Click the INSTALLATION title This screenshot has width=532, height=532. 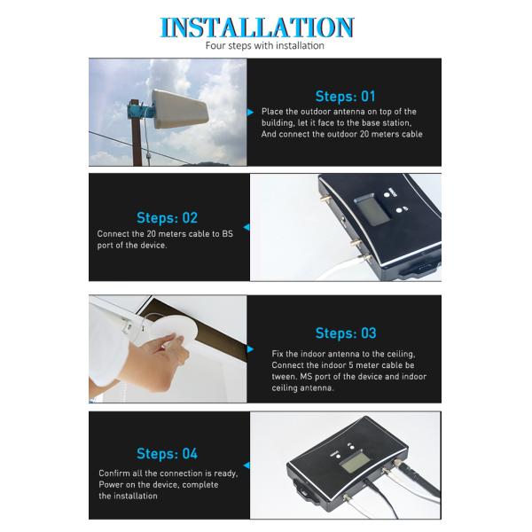coord(257,27)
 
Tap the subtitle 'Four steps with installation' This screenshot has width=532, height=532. coord(264,45)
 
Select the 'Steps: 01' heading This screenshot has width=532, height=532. coord(346,97)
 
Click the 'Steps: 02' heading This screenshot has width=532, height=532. coord(167,218)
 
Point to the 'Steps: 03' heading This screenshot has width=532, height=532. coord(346,333)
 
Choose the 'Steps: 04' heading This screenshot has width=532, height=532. coord(167,454)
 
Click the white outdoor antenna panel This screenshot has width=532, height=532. coord(180,109)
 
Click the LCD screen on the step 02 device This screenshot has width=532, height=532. coord(372,209)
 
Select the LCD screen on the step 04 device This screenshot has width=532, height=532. coord(355,463)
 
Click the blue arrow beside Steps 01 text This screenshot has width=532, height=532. coord(250,113)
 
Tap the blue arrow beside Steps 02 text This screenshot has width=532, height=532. coord(246,227)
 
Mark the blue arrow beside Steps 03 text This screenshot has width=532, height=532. coord(250,349)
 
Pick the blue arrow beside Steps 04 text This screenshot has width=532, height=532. coord(246,465)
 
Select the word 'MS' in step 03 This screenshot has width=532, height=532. coord(306,377)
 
